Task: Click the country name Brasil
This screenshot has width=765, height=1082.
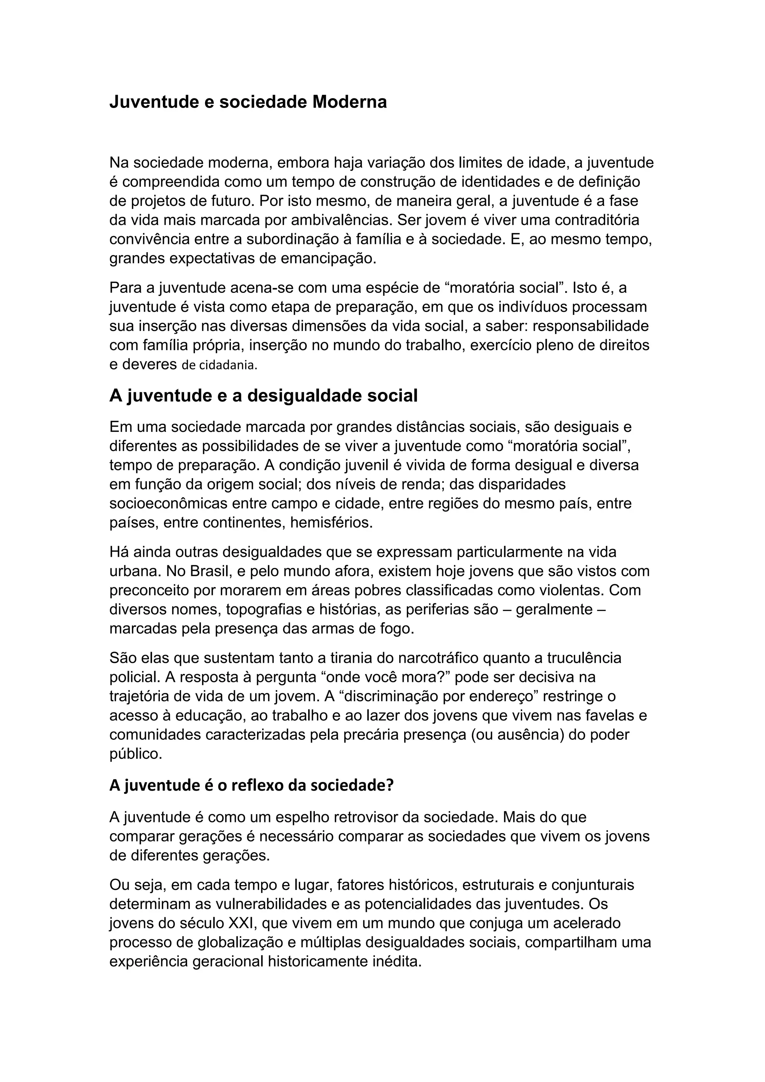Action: click(x=210, y=571)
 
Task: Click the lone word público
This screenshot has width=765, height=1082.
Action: click(x=135, y=754)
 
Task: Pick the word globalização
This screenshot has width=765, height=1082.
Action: click(x=244, y=942)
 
